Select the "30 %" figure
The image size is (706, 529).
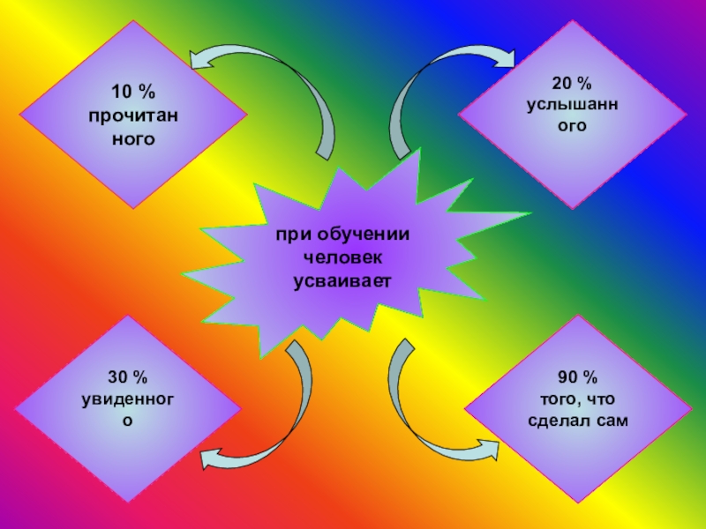(129, 378)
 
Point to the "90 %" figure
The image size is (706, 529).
(578, 378)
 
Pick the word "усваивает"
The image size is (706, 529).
(342, 280)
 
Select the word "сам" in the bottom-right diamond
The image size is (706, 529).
(612, 421)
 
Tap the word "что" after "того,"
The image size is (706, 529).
(606, 399)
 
